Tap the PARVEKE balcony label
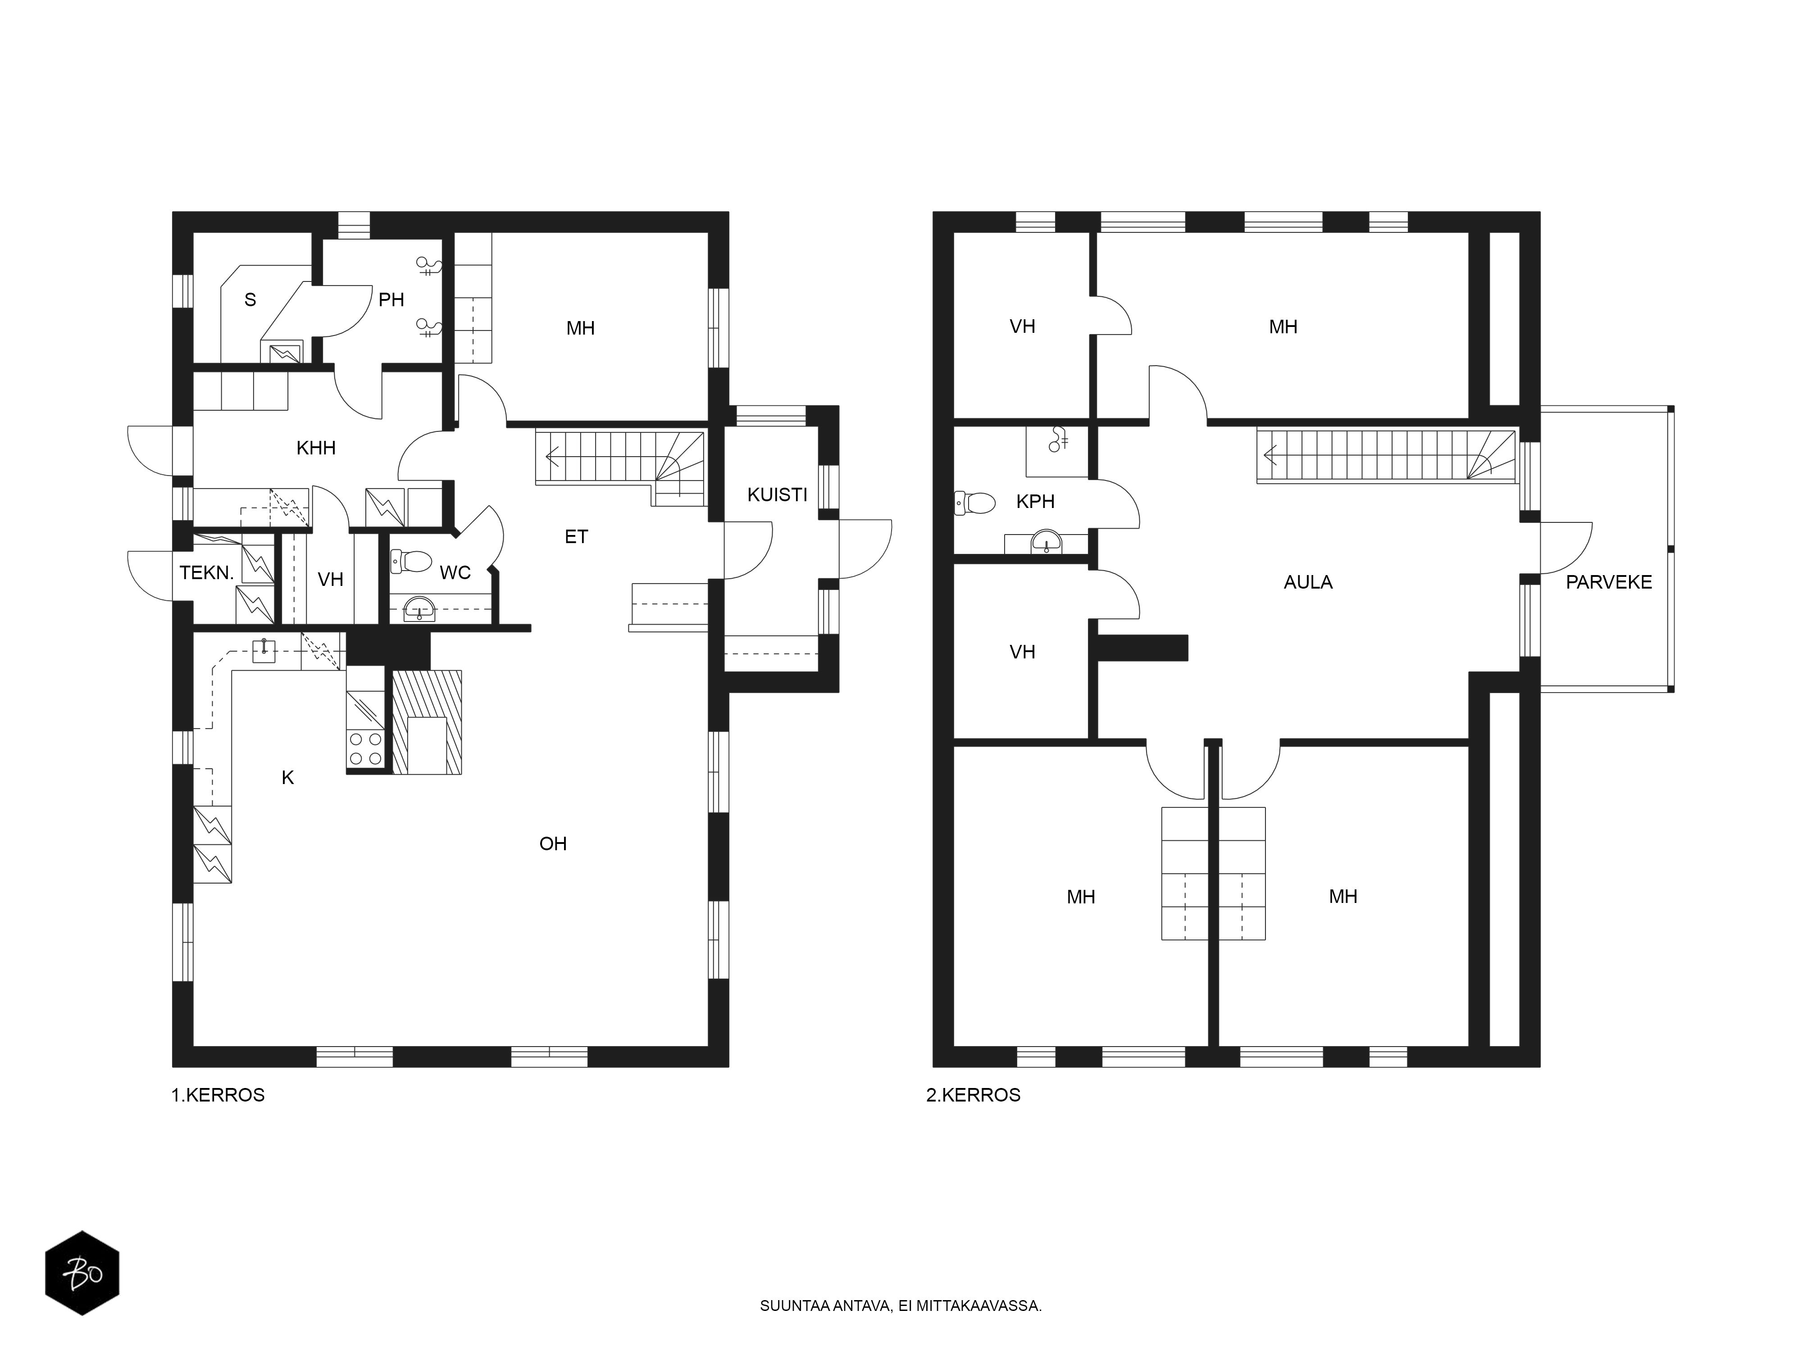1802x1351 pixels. click(x=1608, y=582)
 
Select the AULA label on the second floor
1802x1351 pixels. click(x=1307, y=582)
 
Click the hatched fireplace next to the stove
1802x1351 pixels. click(x=427, y=722)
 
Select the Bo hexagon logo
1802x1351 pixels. click(x=82, y=1273)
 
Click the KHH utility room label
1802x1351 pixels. click(x=316, y=448)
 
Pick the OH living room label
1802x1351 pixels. click(x=553, y=843)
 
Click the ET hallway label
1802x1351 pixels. click(x=576, y=537)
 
